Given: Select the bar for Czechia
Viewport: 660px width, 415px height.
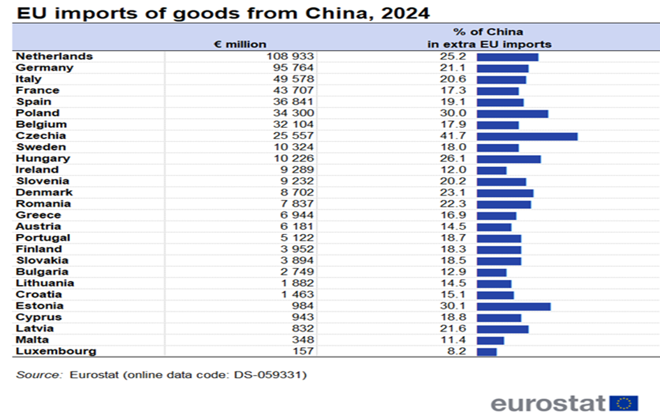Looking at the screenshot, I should click(527, 136).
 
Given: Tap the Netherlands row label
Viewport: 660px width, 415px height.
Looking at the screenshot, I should click(54, 56).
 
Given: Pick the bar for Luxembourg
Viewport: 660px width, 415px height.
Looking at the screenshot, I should click(486, 351).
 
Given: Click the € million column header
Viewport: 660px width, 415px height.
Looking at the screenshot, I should click(240, 44).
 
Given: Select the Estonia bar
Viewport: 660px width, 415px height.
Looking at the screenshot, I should click(513, 306).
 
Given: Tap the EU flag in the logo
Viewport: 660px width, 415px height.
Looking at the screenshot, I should click(624, 403).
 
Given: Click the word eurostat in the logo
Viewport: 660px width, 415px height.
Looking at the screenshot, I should click(548, 403).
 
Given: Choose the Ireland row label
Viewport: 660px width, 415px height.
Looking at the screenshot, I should click(37, 170).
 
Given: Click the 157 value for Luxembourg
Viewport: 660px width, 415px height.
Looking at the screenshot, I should click(305, 351).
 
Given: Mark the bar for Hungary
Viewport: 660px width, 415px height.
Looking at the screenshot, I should click(508, 159).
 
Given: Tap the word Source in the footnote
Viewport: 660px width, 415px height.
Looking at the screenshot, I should click(38, 375).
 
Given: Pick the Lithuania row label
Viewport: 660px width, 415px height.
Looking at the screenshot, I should click(45, 283).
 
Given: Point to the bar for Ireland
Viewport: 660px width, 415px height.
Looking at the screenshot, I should click(491, 170).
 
